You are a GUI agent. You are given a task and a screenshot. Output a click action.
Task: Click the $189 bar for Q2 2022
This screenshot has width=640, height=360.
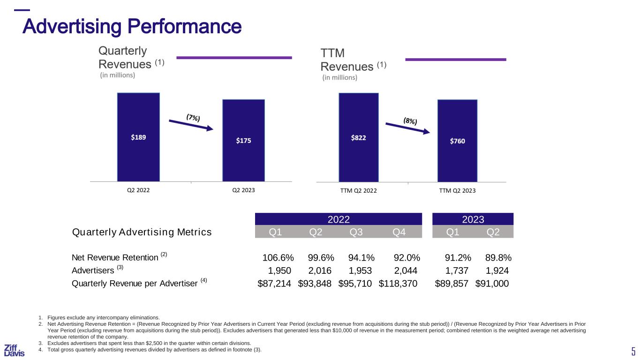pyautogui.click(x=138, y=137)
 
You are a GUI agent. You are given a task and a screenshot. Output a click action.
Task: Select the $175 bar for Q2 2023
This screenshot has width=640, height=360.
pyautogui.click(x=243, y=140)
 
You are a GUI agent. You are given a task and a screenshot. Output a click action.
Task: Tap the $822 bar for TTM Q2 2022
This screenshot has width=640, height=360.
pyautogui.click(x=359, y=137)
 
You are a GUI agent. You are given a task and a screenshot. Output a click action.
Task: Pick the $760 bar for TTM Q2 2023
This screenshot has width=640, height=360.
pyautogui.click(x=457, y=141)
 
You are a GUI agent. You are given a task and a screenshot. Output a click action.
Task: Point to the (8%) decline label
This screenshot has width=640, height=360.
pyautogui.click(x=410, y=120)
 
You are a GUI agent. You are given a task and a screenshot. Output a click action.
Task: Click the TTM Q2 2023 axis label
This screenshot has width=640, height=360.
pyautogui.click(x=457, y=190)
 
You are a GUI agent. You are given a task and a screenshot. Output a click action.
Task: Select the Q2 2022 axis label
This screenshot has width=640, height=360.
pyautogui.click(x=138, y=190)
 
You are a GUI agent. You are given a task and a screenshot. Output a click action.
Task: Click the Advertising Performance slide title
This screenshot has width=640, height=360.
pyautogui.click(x=132, y=26)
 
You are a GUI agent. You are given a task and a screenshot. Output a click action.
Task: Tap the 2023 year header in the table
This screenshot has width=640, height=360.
pyautogui.click(x=473, y=219)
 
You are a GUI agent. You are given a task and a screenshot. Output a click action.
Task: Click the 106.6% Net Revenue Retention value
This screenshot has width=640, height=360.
pyautogui.click(x=278, y=258)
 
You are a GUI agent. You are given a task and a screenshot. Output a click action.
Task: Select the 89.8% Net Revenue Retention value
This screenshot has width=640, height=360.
pyautogui.click(x=497, y=258)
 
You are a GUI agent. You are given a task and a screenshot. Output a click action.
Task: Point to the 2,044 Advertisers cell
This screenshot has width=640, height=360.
pyautogui.click(x=405, y=270)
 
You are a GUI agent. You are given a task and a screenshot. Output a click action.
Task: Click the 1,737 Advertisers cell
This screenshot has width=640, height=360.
pyautogui.click(x=457, y=270)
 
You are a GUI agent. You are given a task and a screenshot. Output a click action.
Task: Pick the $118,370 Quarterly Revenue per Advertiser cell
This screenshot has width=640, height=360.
pyautogui.click(x=398, y=283)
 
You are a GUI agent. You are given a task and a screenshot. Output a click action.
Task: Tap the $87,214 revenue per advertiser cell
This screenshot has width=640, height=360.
pyautogui.click(x=274, y=283)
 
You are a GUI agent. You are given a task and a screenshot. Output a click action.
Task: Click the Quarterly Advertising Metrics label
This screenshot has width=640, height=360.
pyautogui.click(x=142, y=232)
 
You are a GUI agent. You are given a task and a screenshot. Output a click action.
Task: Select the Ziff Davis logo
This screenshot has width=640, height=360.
pyautogui.click(x=14, y=350)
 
